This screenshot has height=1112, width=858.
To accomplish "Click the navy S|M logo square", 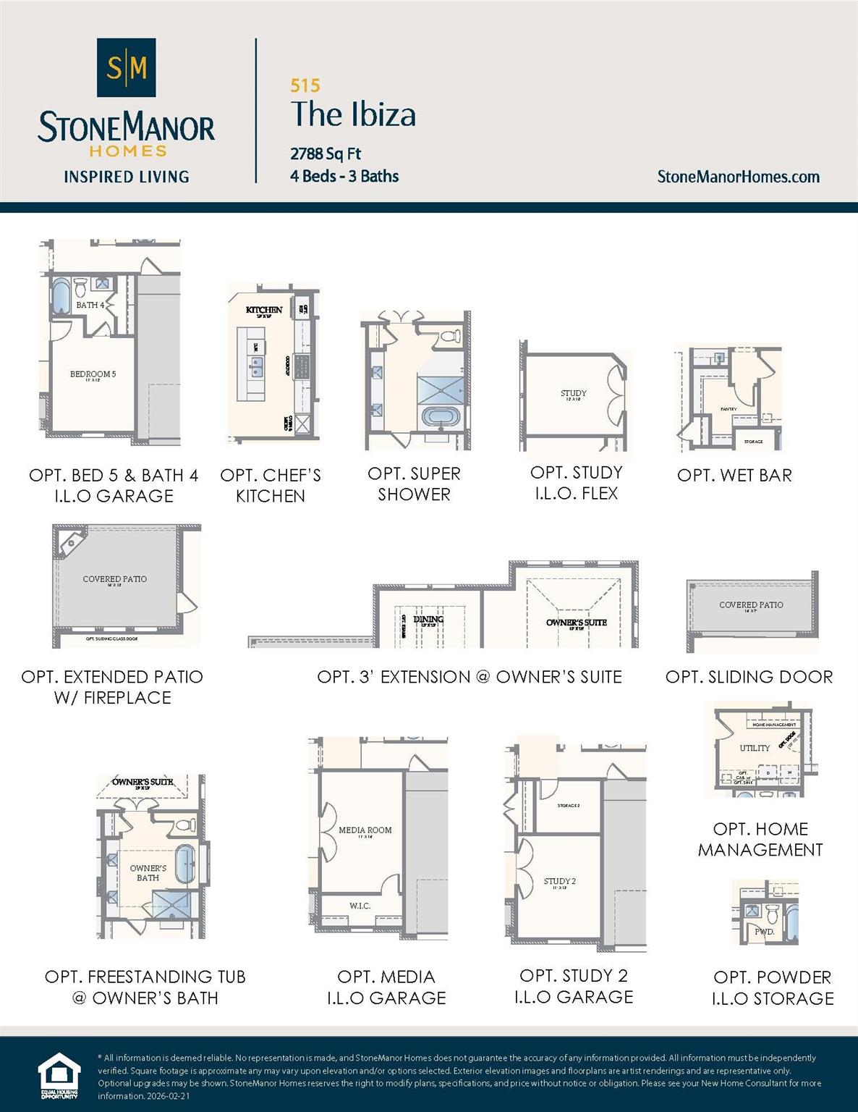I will click(127, 67).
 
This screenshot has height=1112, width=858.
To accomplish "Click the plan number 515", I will click(305, 85).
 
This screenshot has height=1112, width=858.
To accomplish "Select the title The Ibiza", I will click(353, 114).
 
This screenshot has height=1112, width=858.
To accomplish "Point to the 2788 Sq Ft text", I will click(326, 153).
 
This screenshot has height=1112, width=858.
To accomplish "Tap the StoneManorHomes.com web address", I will click(738, 177).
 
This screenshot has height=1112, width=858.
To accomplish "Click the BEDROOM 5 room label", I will click(93, 374).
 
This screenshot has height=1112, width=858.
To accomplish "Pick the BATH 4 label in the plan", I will click(90, 305).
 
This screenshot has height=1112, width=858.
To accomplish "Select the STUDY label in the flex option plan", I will click(574, 394).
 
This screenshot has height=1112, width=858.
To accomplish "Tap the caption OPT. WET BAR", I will click(734, 476).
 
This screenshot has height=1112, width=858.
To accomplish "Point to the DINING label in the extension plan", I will click(428, 620).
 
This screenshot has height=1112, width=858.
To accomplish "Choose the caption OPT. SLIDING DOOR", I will click(749, 677).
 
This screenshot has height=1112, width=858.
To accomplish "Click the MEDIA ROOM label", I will click(365, 830).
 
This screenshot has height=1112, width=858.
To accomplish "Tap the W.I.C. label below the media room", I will click(360, 906).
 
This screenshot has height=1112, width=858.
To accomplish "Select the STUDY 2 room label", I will click(560, 882).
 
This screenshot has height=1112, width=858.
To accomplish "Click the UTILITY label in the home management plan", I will click(755, 748).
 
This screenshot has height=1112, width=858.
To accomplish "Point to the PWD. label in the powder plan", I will click(764, 932).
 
